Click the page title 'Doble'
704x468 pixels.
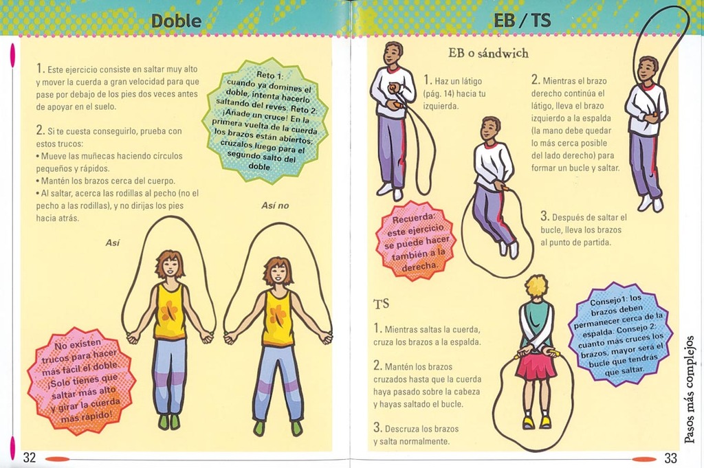(x=177, y=21)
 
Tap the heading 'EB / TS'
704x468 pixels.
(x=522, y=20)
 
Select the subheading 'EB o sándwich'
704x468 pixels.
(x=488, y=53)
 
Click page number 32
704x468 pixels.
(x=29, y=458)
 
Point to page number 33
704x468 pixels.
(x=670, y=458)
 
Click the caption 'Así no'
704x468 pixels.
(x=275, y=205)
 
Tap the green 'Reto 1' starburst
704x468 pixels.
(x=267, y=120)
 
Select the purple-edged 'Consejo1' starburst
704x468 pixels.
(x=621, y=334)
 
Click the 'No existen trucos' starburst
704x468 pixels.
(x=81, y=381)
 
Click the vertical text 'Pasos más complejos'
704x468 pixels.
(x=691, y=390)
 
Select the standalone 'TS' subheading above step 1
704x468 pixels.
(x=381, y=304)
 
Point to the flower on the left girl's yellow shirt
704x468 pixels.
(x=169, y=311)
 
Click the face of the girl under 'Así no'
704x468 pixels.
(x=276, y=273)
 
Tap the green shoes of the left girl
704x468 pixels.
(x=169, y=421)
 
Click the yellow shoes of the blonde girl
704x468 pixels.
(x=538, y=422)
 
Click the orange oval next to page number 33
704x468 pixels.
(x=643, y=458)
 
